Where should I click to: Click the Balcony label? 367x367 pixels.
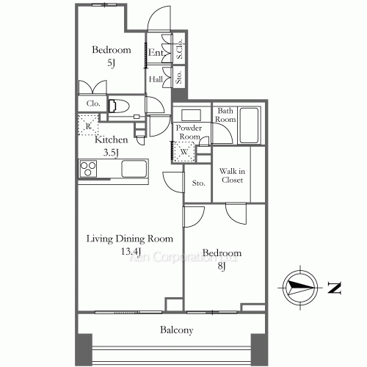pos(176,330)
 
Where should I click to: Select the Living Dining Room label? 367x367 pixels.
pos(129,239)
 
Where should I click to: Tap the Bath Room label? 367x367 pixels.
pos(225,115)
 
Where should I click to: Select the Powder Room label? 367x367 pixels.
pos(189,131)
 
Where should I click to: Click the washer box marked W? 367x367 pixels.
pos(183,153)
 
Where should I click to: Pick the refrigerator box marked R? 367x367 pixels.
pos(87,126)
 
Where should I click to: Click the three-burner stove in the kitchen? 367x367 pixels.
pos(89,170)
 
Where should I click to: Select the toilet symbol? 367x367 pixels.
pos(118,106)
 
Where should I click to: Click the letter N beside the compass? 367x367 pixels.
pos(334,288)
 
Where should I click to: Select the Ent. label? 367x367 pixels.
pos(156,53)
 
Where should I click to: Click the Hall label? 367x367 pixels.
pos(156,79)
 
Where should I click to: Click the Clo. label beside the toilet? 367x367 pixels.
pos(93,103)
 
